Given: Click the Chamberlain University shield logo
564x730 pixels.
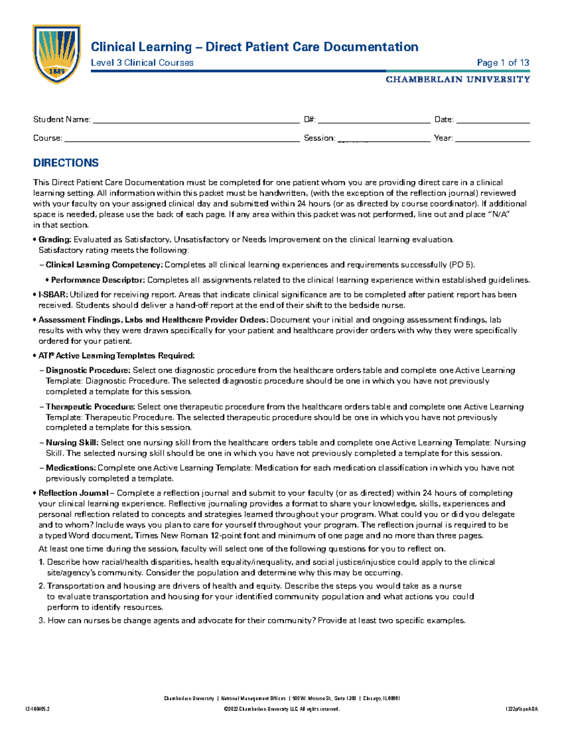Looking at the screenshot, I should coord(56,53).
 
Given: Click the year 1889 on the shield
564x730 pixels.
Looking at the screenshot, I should coord(57,71).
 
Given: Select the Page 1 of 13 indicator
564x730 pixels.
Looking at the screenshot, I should coord(503,63).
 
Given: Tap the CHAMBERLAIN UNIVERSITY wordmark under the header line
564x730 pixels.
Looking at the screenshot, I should coord(457,79).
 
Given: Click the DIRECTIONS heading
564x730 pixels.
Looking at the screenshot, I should coord(66,163).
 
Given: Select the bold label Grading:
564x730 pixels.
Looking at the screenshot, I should coord(55,240).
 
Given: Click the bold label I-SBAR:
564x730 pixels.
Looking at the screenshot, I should coord(53,295).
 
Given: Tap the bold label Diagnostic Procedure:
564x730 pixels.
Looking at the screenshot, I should coord(88,370).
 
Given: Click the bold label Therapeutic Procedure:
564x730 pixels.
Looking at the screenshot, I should coord(90,407).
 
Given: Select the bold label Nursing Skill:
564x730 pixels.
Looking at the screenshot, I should coord(72,442).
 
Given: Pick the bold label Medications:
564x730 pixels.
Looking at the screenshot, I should coord(70,468).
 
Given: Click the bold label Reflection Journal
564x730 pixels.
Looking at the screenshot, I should coord(73,493).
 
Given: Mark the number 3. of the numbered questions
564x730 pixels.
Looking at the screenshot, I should coord(41,620).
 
